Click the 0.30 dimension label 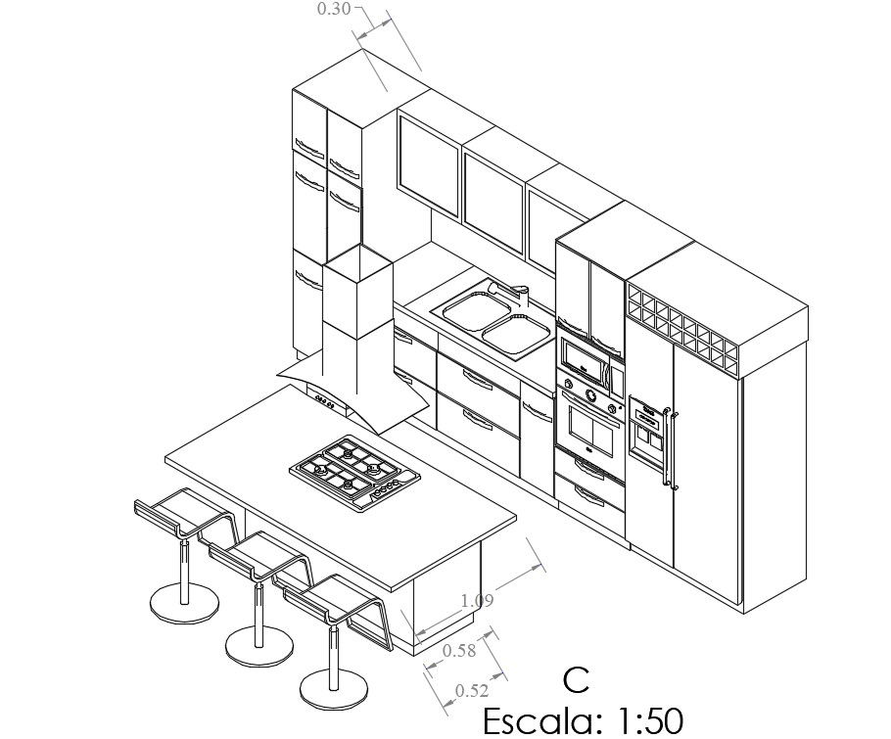tap(334, 10)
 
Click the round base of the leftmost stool tap(184, 601)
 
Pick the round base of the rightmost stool tap(336, 689)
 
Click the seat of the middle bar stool tap(259, 559)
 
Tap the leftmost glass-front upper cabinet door tap(429, 164)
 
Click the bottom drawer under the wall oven tap(589, 500)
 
